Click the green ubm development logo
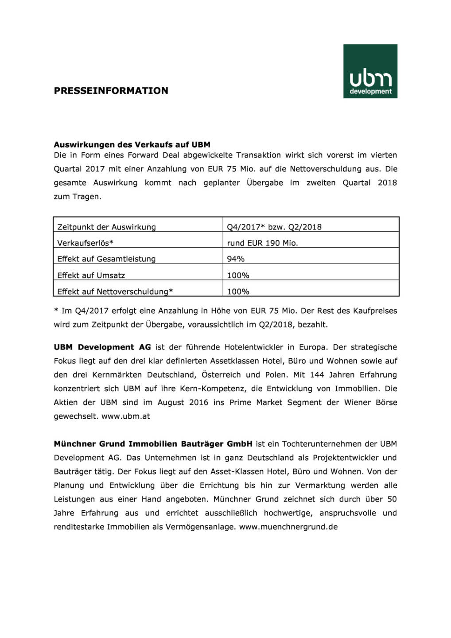click(x=370, y=71)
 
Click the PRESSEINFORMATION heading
click(x=111, y=91)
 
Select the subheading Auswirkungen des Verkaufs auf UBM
click(x=132, y=144)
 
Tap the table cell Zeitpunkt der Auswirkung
click(x=106, y=227)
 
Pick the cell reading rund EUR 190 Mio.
click(x=262, y=243)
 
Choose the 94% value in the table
click(x=236, y=259)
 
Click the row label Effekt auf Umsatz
click(x=91, y=275)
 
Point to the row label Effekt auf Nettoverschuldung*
click(x=115, y=292)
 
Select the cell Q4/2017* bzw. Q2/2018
click(x=274, y=227)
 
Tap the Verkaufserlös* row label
click(x=85, y=243)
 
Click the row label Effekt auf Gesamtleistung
click(x=106, y=259)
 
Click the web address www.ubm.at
click(x=126, y=416)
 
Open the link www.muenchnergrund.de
click(x=288, y=527)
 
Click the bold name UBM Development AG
click(x=102, y=347)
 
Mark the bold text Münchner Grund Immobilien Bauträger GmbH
click(x=153, y=443)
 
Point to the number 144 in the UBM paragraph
click(x=317, y=375)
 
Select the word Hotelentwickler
click(x=253, y=347)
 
